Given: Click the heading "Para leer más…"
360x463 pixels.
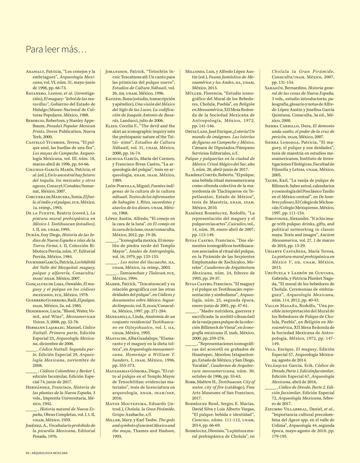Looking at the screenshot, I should pos(56,49).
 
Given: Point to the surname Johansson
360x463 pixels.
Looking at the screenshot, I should pos(117,71).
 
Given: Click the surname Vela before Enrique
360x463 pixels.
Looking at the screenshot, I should pos(270,349).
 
